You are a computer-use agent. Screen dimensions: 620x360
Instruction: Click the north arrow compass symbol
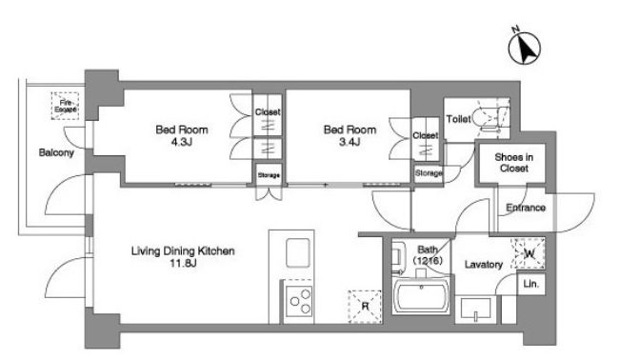pyautogui.click(x=524, y=48)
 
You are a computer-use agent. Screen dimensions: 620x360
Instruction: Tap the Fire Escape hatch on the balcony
pyautogui.click(x=66, y=106)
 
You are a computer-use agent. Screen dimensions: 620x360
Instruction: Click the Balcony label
pyautogui.click(x=56, y=152)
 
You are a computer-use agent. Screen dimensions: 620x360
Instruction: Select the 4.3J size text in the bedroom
pyautogui.click(x=182, y=142)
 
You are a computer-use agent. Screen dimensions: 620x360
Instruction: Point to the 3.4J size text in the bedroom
pyautogui.click(x=350, y=142)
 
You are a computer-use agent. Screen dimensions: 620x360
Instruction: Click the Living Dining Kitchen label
pyautogui.click(x=183, y=250)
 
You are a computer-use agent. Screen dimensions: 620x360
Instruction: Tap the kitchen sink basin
pyautogui.click(x=297, y=253)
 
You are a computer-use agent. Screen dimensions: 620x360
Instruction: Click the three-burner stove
pyautogui.click(x=299, y=301)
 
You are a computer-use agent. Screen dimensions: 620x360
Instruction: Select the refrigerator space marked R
pyautogui.click(x=365, y=307)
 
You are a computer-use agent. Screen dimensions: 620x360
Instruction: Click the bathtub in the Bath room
pyautogui.click(x=422, y=297)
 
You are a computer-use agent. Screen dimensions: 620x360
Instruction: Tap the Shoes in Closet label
pyautogui.click(x=513, y=163)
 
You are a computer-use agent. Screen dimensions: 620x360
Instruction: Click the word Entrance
pyautogui.click(x=526, y=208)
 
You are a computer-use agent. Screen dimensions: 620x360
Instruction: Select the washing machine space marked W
pyautogui.click(x=529, y=253)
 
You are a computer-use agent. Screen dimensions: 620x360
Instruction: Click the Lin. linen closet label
pyautogui.click(x=530, y=284)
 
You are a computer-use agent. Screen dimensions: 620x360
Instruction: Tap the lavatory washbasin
pyautogui.click(x=475, y=309)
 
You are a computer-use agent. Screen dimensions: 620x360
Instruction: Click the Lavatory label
pyautogui.click(x=483, y=264)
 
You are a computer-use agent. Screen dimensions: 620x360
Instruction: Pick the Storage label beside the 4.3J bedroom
pyautogui.click(x=269, y=175)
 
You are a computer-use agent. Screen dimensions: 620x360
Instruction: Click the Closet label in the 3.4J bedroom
pyautogui.click(x=426, y=135)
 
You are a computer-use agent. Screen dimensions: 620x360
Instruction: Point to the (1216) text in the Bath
pyautogui.click(x=428, y=261)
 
